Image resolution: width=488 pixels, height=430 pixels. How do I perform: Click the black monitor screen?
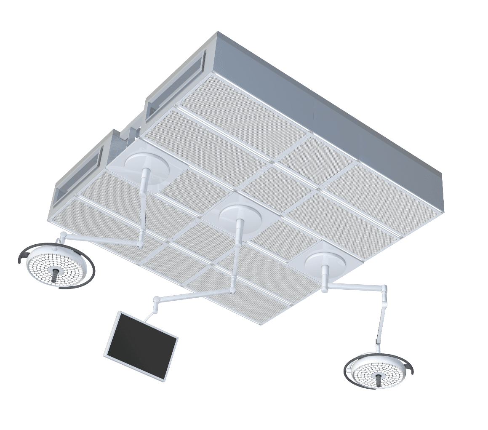pos(141,346)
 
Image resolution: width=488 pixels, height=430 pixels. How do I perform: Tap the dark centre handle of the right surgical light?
pos(379,379)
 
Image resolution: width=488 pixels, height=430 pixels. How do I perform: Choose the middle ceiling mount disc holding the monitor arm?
pos(240,217)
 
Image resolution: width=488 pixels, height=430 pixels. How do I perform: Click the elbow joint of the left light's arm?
pos(141,243)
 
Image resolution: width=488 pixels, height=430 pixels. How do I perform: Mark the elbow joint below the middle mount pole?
pos(232,291)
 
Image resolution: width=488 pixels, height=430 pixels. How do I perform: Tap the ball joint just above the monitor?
pos(156,300)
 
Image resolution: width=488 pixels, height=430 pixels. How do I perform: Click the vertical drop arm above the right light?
pos(381,320)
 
